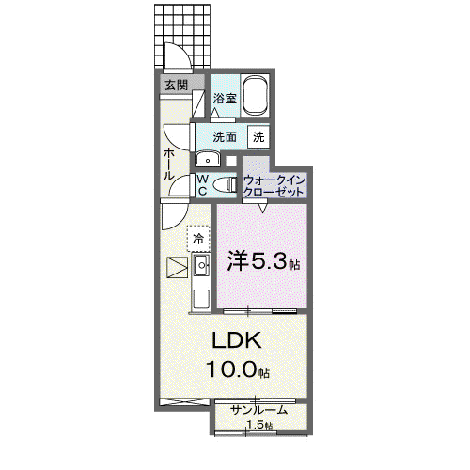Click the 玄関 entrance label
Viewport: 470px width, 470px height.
(x=176, y=85)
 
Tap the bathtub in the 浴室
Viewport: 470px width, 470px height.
(x=257, y=95)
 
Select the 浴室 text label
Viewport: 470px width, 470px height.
(x=225, y=99)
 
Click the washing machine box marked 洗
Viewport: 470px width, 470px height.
(x=258, y=136)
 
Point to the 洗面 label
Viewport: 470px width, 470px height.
(x=225, y=137)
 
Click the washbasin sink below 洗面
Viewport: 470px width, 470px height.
(x=208, y=159)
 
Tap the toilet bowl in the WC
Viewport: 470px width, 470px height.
(x=225, y=184)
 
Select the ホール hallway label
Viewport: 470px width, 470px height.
(x=169, y=164)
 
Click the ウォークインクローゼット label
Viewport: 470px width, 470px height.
(x=274, y=186)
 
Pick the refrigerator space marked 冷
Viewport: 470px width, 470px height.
(x=198, y=239)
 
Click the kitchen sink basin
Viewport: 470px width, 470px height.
(x=201, y=265)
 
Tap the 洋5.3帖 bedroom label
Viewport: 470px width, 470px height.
(x=263, y=261)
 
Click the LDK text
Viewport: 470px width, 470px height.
(x=237, y=340)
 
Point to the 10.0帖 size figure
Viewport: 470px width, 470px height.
(x=238, y=368)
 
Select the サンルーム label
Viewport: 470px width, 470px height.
(x=258, y=410)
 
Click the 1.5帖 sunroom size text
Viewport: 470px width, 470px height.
(x=259, y=425)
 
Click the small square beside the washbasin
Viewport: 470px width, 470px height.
(x=231, y=161)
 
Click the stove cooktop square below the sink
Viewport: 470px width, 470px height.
(x=201, y=299)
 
